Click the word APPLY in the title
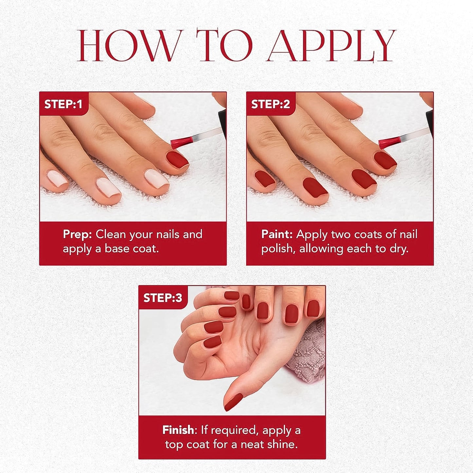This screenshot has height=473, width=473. tap(331, 46)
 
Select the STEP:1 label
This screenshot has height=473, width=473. tap(63, 104)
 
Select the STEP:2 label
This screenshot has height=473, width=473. tap(270, 104)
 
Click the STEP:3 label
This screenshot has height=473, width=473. tap(162, 298)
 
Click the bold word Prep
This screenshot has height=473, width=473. tap(77, 234)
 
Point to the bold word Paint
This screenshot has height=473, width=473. tap(277, 234)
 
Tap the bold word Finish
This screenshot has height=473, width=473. tap(178, 430)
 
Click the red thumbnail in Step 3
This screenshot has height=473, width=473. tap(233, 402)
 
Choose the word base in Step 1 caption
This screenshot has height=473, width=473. tap(117, 249)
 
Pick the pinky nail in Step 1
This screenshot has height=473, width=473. tap(57, 179)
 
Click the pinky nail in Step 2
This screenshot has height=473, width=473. tap(264, 179)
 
